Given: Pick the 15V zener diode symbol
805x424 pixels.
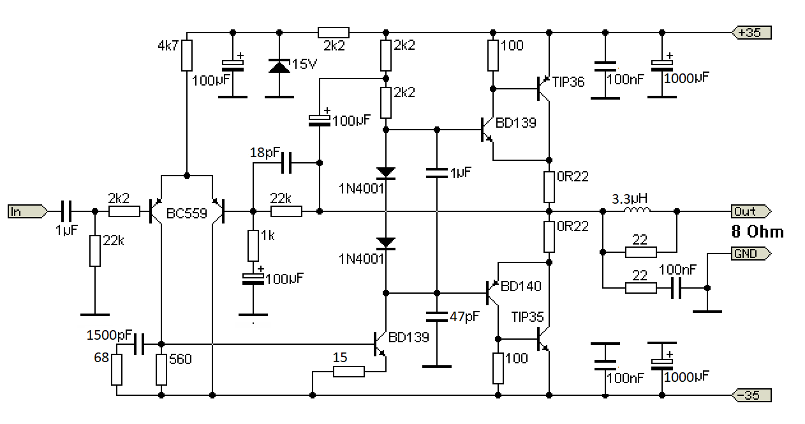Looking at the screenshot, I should (279, 65).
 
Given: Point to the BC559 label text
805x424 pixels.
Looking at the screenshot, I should (187, 213).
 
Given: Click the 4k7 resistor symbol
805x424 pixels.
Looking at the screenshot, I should (186, 56).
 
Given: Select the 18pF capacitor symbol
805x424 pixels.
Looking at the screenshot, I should (285, 162).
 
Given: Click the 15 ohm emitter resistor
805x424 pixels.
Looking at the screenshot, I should (349, 372).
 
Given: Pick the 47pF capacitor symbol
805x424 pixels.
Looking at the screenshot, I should (437, 315).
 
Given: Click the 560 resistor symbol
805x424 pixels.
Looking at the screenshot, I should (161, 370).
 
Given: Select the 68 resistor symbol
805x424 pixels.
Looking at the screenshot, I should (117, 370).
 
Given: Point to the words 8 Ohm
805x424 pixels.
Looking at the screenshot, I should (757, 231).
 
